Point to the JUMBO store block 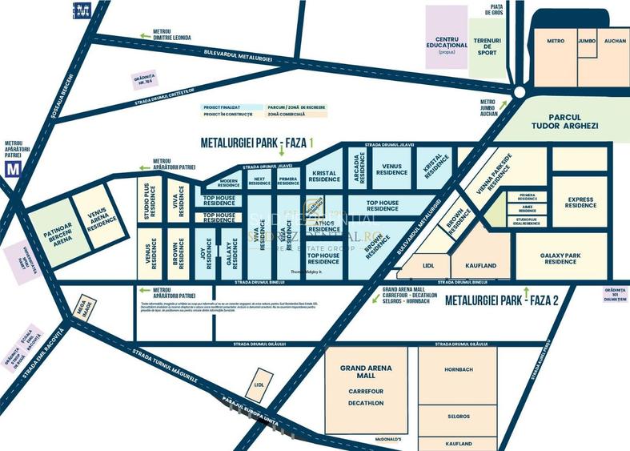[587, 41]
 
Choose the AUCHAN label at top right [615, 41]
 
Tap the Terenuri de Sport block [487, 46]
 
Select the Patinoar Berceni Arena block [55, 233]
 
